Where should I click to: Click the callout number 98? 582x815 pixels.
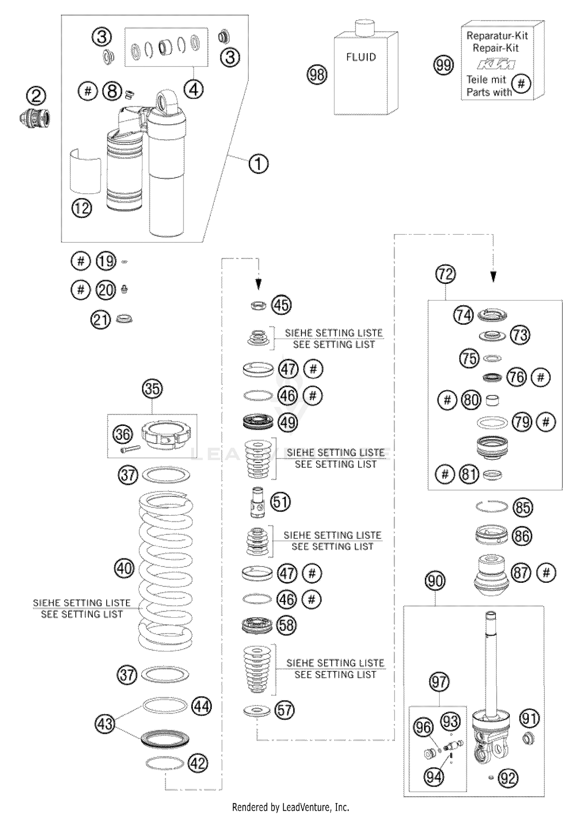[317, 75]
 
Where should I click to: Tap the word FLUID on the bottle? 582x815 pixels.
[361, 57]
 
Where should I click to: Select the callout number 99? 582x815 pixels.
[443, 64]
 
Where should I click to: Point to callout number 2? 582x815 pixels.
[36, 96]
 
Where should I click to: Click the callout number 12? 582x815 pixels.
[82, 209]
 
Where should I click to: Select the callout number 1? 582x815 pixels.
[258, 163]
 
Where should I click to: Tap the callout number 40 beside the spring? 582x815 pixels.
[124, 568]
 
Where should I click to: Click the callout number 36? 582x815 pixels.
[123, 434]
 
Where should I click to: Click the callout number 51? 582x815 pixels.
[281, 502]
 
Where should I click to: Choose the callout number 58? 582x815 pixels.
[286, 626]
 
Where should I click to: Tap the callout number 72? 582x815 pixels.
[445, 275]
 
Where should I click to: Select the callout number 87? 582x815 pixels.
[521, 573]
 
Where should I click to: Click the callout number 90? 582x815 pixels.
[435, 581]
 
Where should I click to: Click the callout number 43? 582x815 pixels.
[105, 724]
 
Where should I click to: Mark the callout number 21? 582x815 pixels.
[100, 320]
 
